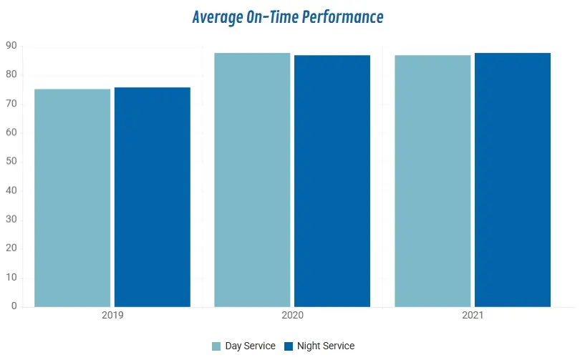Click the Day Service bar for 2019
click(72, 198)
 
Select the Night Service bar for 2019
click(153, 197)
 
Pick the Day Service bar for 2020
click(252, 180)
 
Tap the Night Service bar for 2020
click(332, 181)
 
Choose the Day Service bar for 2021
click(432, 181)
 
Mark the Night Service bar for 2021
click(513, 180)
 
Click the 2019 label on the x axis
click(112, 316)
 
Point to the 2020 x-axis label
click(293, 316)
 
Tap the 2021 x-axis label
click(473, 316)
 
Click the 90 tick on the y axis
click(11, 46)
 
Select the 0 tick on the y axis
click(14, 306)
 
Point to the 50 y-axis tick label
click(11, 161)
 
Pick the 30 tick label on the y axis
click(11, 219)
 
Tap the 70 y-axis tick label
click(11, 104)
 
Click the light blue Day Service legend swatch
click(216, 346)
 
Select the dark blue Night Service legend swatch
click(289, 346)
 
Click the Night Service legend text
click(326, 346)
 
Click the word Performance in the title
click(342, 17)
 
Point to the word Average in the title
click(218, 18)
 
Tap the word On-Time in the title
click(272, 17)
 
